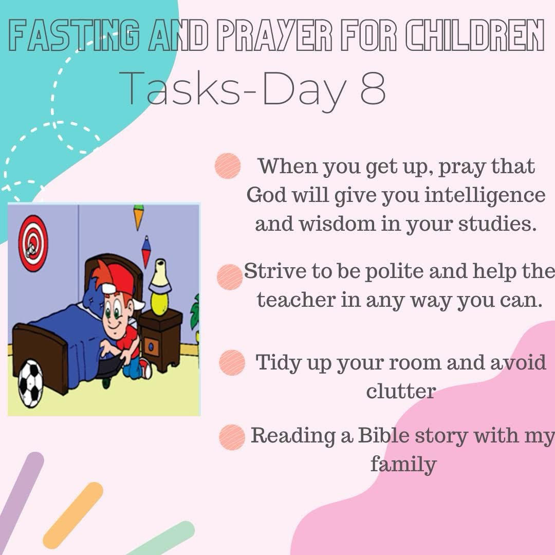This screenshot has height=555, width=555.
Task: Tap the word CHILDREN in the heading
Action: coord(475,35)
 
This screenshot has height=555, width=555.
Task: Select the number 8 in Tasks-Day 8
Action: coord(373,87)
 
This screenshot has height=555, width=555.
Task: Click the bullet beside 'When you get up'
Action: coord(228,165)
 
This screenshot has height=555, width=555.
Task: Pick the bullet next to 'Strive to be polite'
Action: coord(230,277)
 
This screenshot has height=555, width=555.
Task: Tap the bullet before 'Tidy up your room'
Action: coord(232,362)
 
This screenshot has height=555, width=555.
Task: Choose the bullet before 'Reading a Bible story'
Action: coord(232,437)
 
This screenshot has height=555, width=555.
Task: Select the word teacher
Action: coord(296,300)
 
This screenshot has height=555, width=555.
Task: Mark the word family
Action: coord(403,464)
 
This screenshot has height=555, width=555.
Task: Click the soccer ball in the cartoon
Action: coord(30,384)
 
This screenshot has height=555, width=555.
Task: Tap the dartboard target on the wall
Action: coord(33,244)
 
